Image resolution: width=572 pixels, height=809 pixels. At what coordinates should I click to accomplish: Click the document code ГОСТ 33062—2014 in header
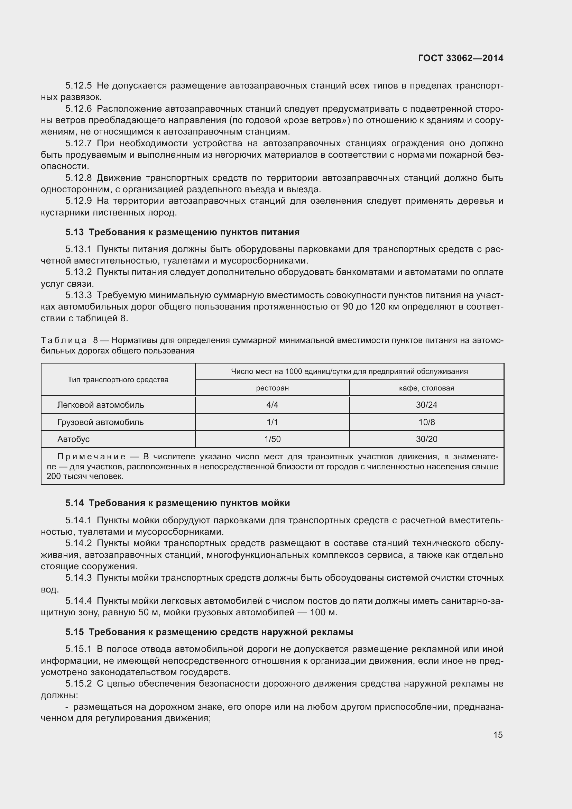[x=460, y=58]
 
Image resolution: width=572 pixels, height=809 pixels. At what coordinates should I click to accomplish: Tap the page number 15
[x=498, y=735]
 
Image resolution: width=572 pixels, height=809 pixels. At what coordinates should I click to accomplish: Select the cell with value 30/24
[x=426, y=405]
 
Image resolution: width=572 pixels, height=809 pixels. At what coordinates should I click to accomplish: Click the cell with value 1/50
[x=272, y=439]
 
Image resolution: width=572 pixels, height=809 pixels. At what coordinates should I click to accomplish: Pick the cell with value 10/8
[x=426, y=422]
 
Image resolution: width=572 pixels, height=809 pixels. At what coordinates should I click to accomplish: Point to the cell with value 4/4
[x=272, y=405]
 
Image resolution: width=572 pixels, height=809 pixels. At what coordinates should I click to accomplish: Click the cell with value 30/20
[x=426, y=439]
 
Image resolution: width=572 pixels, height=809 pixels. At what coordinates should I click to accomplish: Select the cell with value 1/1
[x=272, y=422]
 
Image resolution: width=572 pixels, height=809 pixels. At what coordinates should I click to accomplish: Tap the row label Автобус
[x=73, y=439]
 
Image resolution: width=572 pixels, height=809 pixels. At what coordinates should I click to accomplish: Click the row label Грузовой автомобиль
[x=100, y=422]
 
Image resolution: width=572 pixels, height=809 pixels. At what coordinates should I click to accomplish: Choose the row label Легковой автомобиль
[x=101, y=405]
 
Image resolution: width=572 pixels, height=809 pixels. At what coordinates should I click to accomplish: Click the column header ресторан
[x=272, y=388]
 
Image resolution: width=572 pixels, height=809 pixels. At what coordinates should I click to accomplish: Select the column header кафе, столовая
[x=426, y=388]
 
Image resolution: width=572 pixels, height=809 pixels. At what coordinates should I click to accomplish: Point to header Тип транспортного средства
[x=118, y=379]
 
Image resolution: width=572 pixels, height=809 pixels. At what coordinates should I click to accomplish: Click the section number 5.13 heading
[x=74, y=232]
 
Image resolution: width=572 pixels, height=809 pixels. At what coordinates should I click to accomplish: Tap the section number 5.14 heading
[x=74, y=503]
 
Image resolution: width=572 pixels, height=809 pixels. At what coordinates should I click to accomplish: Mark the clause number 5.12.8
[x=78, y=178]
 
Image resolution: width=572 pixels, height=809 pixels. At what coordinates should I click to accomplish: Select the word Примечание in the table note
[x=91, y=457]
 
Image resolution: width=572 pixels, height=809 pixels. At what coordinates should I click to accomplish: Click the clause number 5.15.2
[x=78, y=683]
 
